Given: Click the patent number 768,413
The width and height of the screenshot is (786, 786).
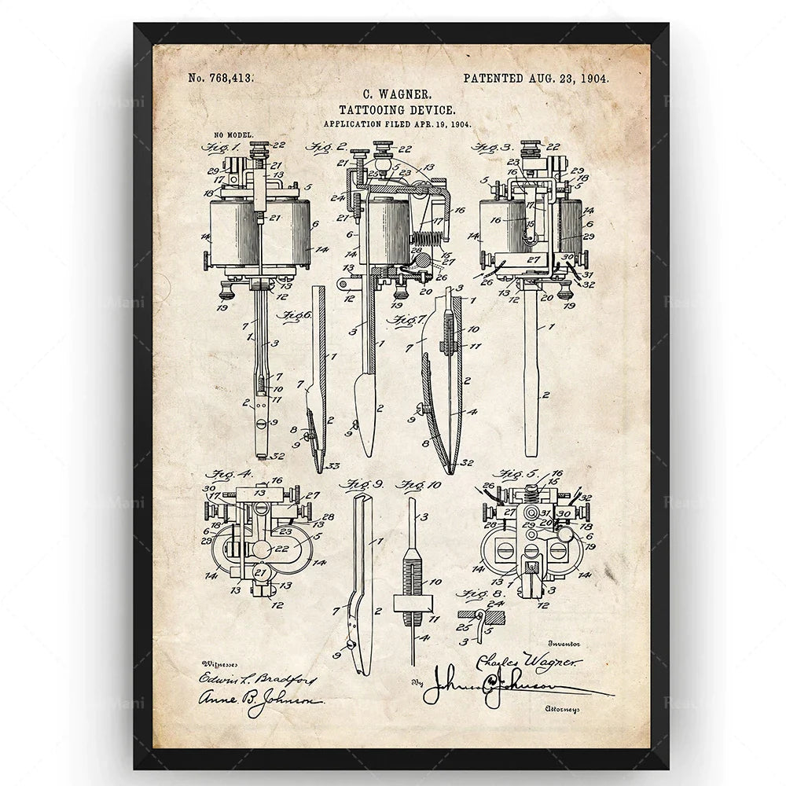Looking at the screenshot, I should click(219, 78).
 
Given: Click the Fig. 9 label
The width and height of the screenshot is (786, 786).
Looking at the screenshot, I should click(358, 483).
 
